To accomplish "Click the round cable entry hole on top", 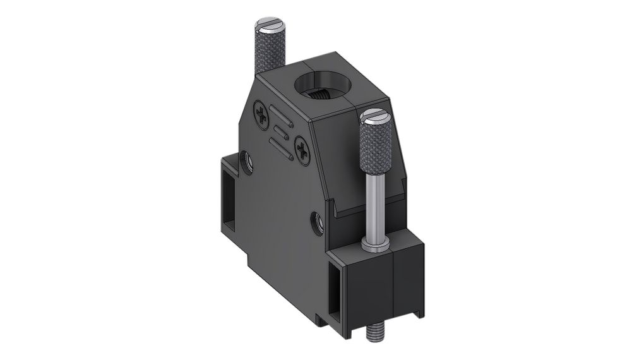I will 323,89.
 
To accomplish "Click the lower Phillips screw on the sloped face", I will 302,150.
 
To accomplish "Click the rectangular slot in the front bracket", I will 336,289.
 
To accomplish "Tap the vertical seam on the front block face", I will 394,284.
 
